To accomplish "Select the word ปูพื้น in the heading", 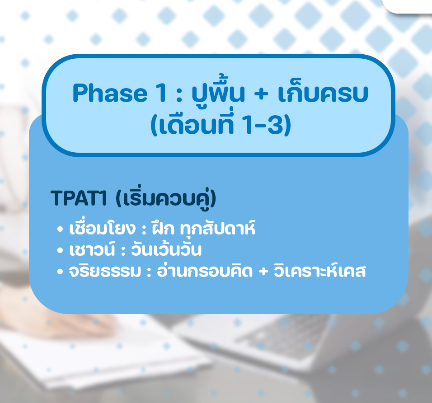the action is (218, 91).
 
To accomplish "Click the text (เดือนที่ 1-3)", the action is (221, 124).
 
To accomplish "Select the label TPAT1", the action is (79, 198).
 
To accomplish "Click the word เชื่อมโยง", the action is (103, 228).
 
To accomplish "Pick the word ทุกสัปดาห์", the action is (218, 228).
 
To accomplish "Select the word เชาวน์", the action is (92, 249).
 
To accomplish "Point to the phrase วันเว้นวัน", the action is (166, 249).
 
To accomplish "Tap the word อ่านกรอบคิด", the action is (205, 270).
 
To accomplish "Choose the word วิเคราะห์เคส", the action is (320, 271).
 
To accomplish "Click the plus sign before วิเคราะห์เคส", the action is (263, 271).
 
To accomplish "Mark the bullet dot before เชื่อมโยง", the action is (60, 229).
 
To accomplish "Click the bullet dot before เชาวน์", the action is (60, 250).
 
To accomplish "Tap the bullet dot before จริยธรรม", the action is (60, 272).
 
